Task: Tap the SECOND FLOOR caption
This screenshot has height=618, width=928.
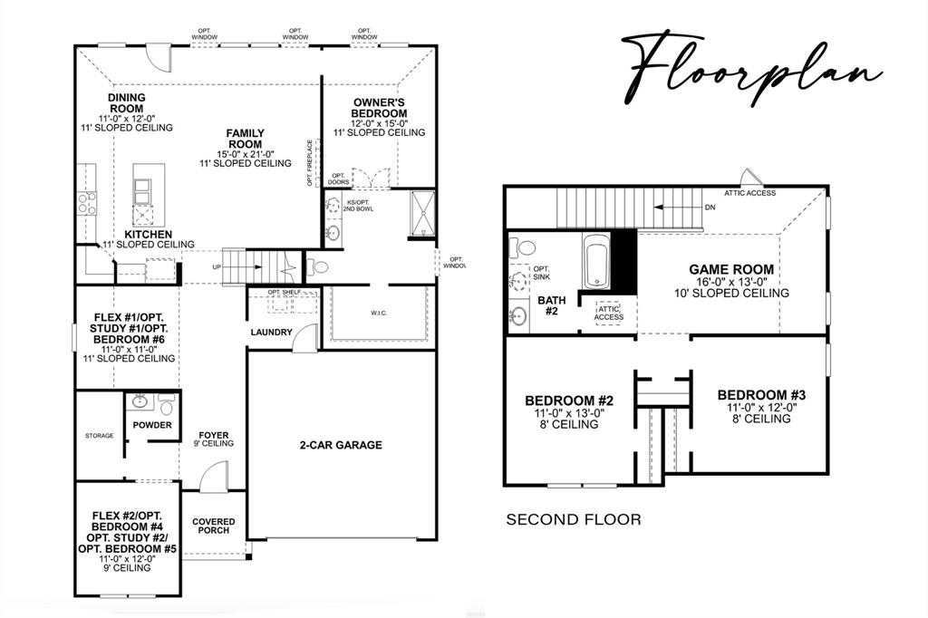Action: (573, 519)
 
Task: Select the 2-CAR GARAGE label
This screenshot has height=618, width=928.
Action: (341, 445)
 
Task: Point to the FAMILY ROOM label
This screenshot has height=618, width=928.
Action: (245, 139)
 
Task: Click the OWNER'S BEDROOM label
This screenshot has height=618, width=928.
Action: (379, 108)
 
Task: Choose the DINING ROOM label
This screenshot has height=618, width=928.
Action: (126, 102)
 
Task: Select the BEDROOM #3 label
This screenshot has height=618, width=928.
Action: (760, 395)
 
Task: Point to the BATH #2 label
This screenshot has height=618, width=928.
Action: (551, 304)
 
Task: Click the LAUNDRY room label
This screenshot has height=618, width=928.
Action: (272, 333)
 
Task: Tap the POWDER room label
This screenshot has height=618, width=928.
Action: (151, 424)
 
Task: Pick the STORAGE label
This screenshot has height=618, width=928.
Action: (100, 436)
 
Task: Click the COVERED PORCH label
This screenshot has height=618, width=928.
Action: (214, 526)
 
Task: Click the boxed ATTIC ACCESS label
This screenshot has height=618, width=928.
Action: (609, 313)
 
